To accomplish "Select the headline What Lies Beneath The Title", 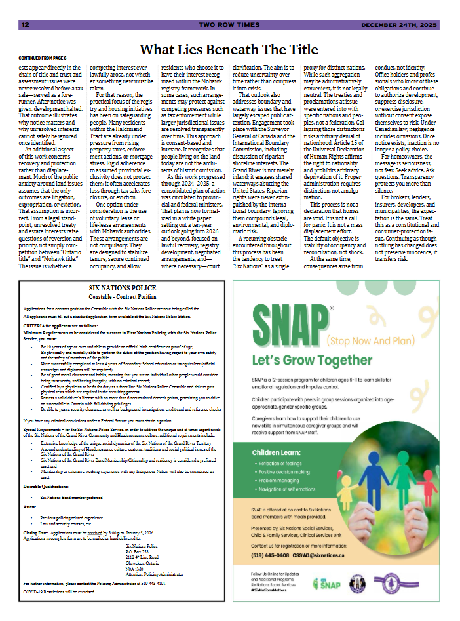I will pyautogui.click(x=229, y=49).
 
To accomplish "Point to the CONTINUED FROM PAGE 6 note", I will pyautogui.click(x=43, y=58).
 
